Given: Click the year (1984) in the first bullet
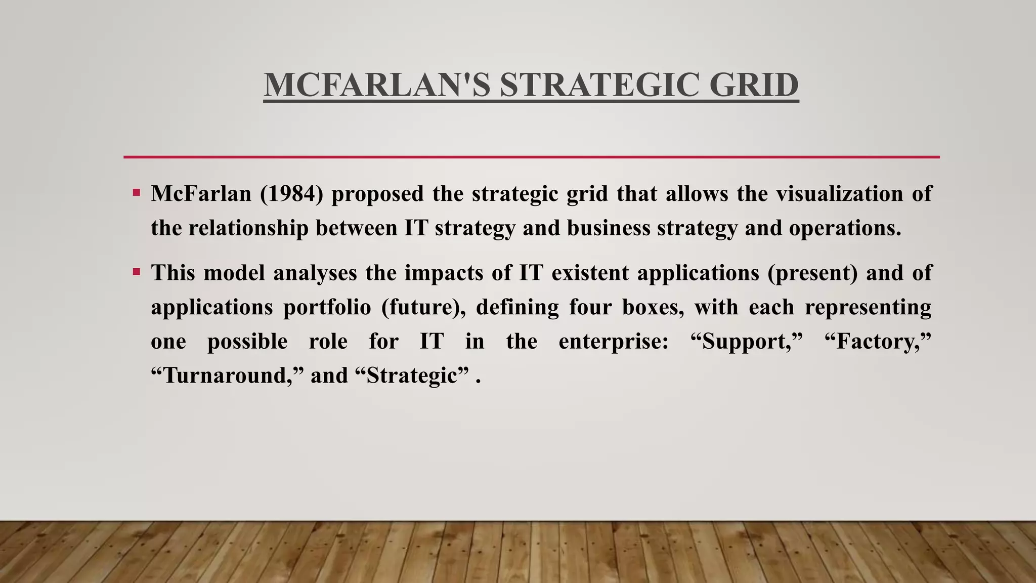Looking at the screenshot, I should point(291,194).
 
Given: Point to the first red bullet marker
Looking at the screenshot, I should point(136,193).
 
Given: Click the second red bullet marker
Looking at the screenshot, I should point(136,272).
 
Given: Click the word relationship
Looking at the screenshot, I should point(248,228).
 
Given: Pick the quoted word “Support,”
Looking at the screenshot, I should point(747,341).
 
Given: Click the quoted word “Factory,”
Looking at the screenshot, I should point(878,341).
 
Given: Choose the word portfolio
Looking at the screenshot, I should point(327,307).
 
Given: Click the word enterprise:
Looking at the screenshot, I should point(614,341).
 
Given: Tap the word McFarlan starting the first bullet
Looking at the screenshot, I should point(201,194).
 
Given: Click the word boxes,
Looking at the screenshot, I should point(653,307).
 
